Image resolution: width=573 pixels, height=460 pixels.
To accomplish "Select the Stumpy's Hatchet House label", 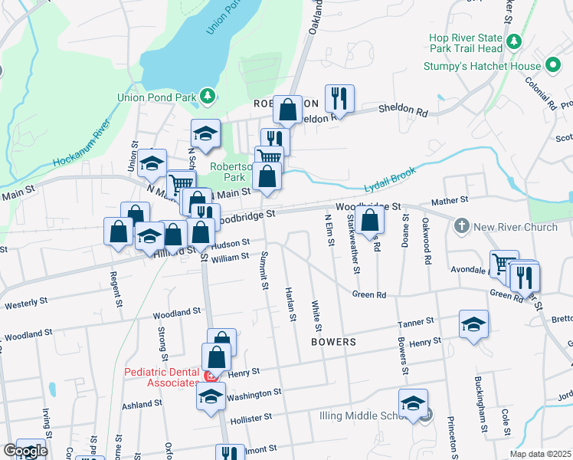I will click(483, 66).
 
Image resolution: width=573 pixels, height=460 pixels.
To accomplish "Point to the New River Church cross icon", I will click(461, 226).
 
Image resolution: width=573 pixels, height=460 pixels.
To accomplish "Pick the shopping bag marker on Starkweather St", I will click(369, 220).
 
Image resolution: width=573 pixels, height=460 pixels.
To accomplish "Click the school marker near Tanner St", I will click(473, 324).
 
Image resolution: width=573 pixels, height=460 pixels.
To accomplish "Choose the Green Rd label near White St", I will click(368, 294).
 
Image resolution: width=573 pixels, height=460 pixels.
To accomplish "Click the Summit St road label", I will click(264, 270).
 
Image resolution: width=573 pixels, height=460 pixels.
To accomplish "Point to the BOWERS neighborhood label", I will click(334, 341).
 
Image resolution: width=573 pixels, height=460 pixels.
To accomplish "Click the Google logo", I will click(25, 451).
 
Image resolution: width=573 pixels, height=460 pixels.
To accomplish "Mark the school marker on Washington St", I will click(211, 396).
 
